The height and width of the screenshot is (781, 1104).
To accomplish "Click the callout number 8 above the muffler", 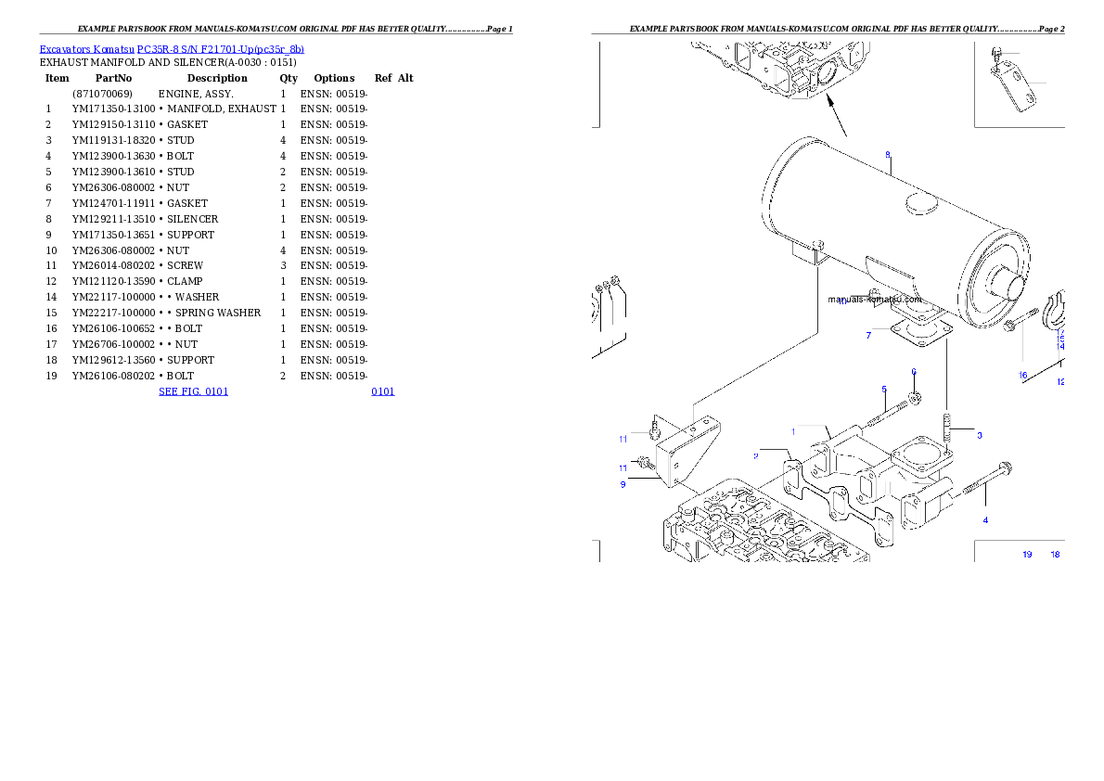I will click(x=888, y=154).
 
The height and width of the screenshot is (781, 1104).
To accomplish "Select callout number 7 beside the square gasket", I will click(x=868, y=335).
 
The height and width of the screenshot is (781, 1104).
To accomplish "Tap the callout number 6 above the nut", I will click(x=913, y=372).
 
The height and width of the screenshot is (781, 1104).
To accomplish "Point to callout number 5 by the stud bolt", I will click(x=884, y=389).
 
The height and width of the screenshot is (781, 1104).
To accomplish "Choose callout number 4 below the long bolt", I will click(x=985, y=519).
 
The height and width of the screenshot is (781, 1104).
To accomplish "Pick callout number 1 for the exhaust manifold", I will click(x=793, y=431).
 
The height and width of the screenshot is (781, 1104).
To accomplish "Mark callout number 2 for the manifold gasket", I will click(x=756, y=455).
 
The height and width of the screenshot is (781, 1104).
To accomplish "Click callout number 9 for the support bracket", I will click(x=623, y=483).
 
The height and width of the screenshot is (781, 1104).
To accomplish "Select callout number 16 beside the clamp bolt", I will click(x=1023, y=376).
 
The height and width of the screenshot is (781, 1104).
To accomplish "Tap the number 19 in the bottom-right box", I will click(x=1027, y=555).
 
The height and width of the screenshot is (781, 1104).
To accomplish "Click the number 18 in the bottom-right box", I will click(x=1055, y=555).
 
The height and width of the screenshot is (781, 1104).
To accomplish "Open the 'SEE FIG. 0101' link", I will click(x=193, y=391).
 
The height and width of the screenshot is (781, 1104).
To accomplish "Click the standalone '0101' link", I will click(x=382, y=391).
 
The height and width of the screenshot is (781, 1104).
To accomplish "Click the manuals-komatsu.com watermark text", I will click(x=875, y=299).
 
